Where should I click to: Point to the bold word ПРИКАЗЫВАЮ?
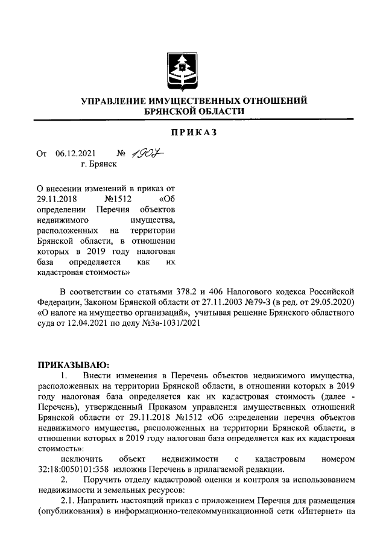pyautogui.click(x=66, y=364)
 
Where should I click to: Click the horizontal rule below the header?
pyautogui.click(x=192, y=119)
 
